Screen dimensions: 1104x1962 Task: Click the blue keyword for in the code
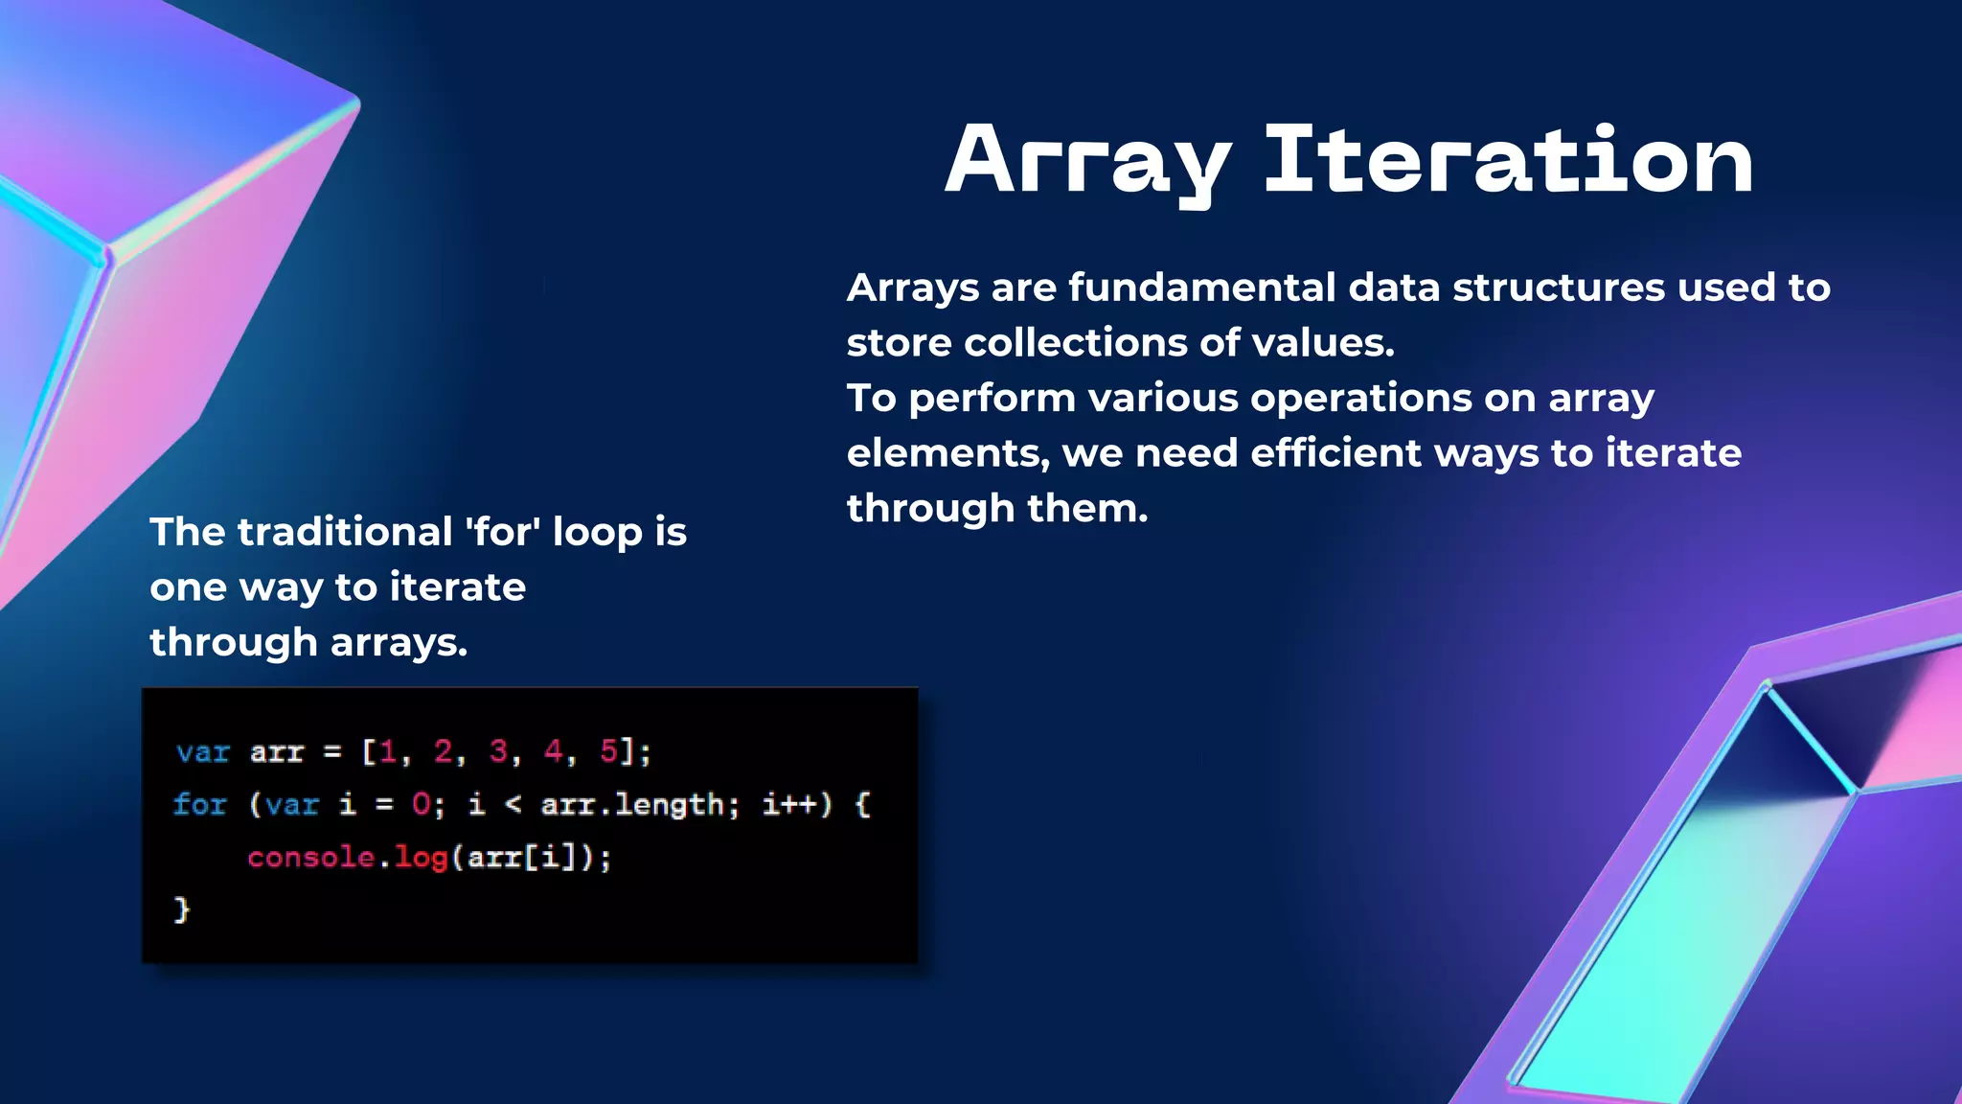point(200,804)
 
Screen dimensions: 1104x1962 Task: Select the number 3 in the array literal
point(498,751)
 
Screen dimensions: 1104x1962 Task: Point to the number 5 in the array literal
point(609,751)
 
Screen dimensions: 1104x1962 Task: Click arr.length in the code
point(633,804)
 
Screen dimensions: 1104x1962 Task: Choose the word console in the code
point(310,857)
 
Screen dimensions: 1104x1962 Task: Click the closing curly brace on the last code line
point(182,908)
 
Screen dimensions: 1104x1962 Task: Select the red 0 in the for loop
point(421,804)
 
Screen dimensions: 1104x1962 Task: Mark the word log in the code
point(422,857)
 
